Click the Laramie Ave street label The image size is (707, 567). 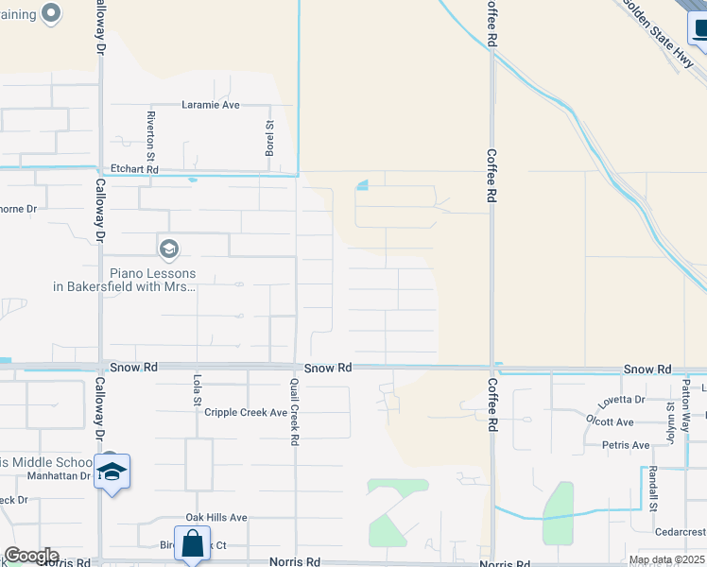[x=211, y=105]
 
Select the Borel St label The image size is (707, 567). [x=269, y=138]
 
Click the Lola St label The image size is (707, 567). [x=198, y=390]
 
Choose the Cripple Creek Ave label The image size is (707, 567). [x=246, y=413]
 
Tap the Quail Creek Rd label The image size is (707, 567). [x=295, y=417]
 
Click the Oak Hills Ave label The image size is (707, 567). [x=216, y=518]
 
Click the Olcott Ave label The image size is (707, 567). [x=610, y=422]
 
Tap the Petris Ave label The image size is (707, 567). [x=625, y=445]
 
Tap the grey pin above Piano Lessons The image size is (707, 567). [x=169, y=249]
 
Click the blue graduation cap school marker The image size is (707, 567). [x=112, y=472]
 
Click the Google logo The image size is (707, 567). [x=31, y=556]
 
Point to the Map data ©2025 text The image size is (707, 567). [x=666, y=560]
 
